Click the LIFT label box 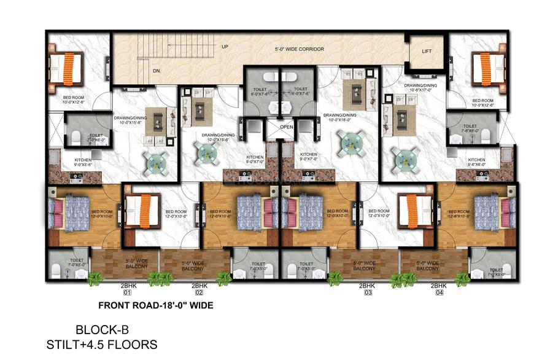tap(427, 52)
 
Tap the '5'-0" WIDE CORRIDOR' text tap(299, 49)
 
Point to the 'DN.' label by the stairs tap(140, 71)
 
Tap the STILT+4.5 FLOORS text tap(101, 344)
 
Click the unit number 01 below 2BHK tap(127, 294)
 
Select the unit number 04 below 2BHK tap(437, 294)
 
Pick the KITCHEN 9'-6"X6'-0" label tap(476, 162)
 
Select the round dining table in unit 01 tap(153, 160)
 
